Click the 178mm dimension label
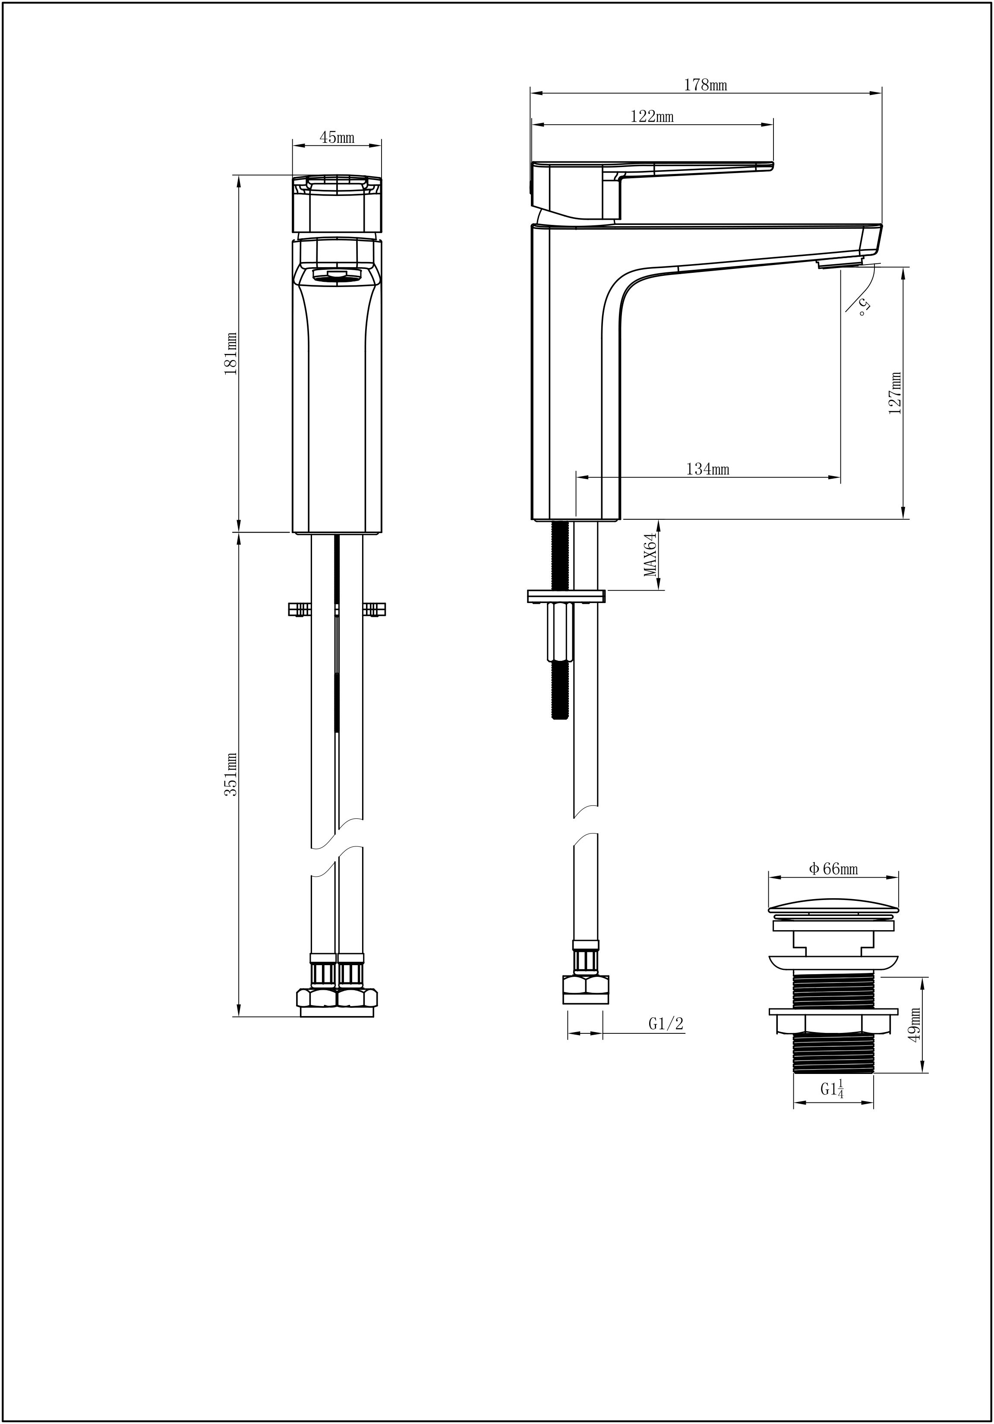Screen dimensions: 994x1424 point(705,85)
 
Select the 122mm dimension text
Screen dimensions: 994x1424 point(652,117)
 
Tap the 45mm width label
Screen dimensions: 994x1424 point(337,138)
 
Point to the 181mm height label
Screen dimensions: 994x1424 point(230,353)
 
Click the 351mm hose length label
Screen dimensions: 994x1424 point(230,775)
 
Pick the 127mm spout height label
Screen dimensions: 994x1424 point(895,393)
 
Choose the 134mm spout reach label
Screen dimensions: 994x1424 point(707,469)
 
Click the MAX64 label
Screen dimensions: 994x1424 point(650,555)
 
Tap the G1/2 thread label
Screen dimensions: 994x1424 point(666,1023)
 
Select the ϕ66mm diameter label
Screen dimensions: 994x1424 point(833,869)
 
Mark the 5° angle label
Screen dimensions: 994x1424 point(864,307)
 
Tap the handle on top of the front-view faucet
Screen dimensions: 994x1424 point(337,204)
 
